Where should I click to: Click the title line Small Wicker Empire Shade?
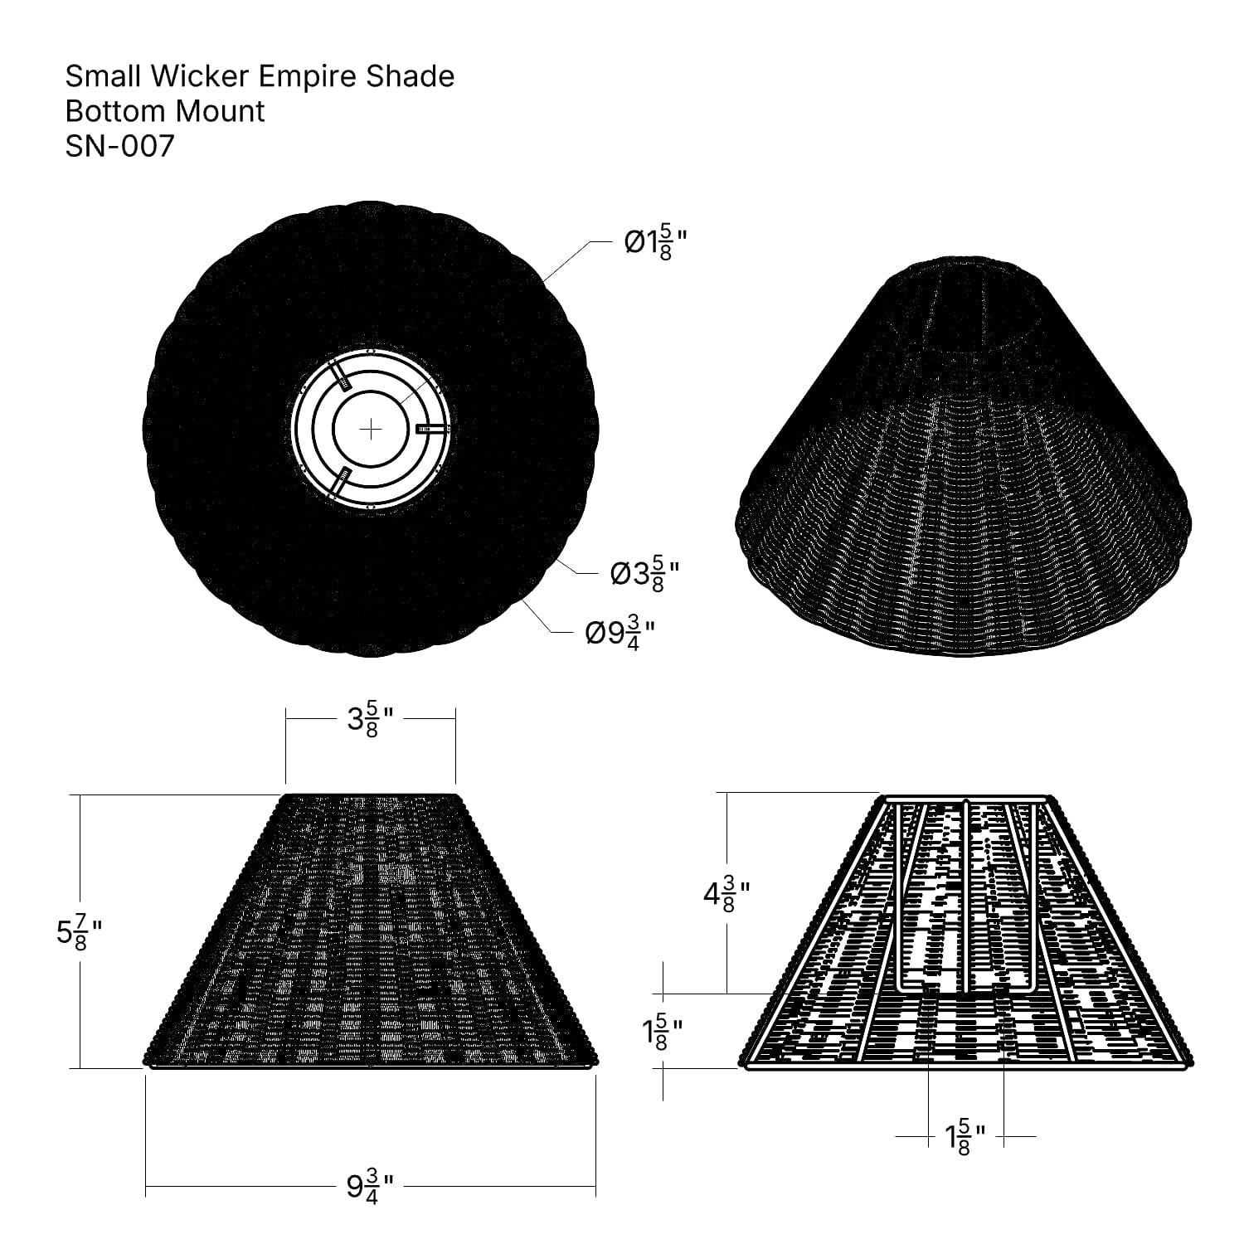(x=260, y=76)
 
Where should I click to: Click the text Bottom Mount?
(x=165, y=111)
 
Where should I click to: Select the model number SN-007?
(x=120, y=146)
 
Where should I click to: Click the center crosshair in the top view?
(x=371, y=429)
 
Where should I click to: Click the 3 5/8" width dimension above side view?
(x=370, y=719)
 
